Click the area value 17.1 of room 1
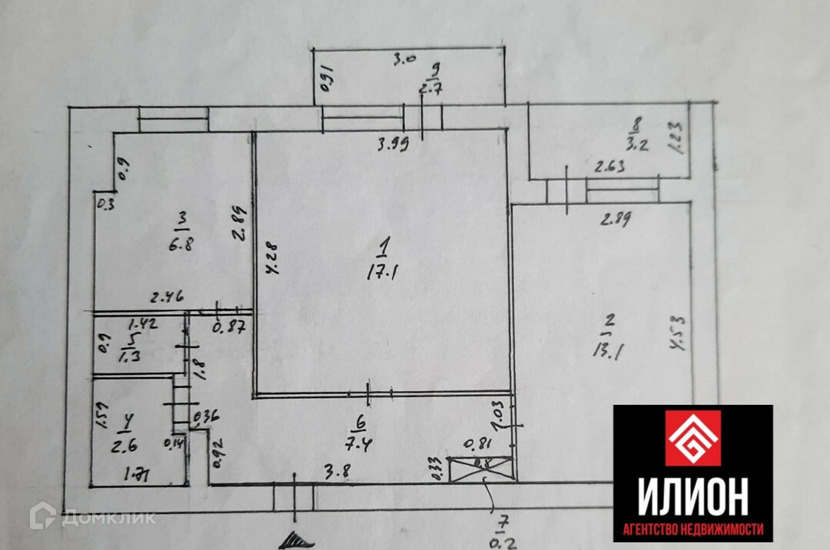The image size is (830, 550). click(382, 270)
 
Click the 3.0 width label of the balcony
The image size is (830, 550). click(404, 58)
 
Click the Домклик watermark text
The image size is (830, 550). click(108, 518)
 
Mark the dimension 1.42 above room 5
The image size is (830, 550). click(142, 323)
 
